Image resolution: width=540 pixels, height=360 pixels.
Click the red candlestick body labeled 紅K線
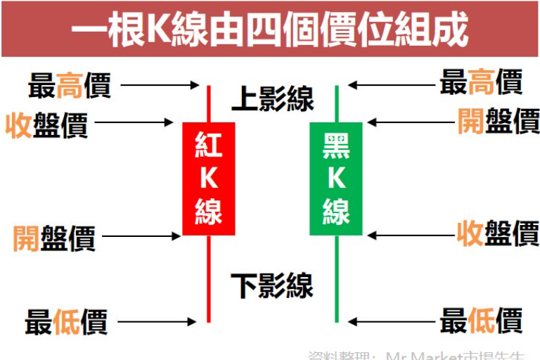[x=209, y=179]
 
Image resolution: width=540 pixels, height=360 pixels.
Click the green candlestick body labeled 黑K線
[x=336, y=179]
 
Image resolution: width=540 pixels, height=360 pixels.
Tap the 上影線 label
[x=272, y=100]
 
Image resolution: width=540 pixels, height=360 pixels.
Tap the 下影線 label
[x=272, y=285]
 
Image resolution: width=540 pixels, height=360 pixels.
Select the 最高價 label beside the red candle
[x=69, y=86]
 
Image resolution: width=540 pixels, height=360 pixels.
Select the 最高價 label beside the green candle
[x=481, y=83]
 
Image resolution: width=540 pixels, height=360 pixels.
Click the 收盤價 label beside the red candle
[x=46, y=125]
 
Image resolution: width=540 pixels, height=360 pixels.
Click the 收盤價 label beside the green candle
[x=498, y=233]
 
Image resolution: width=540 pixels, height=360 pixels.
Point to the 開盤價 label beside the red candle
[x=54, y=238]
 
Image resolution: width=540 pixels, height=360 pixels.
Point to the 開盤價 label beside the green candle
[x=498, y=120]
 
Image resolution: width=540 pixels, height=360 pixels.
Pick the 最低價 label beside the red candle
[x=66, y=323]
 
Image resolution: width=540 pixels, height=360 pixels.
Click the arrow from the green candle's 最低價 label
[x=390, y=322]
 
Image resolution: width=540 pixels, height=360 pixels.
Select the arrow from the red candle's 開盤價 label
[x=141, y=236]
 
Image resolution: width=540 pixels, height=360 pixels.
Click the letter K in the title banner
[x=157, y=30]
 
